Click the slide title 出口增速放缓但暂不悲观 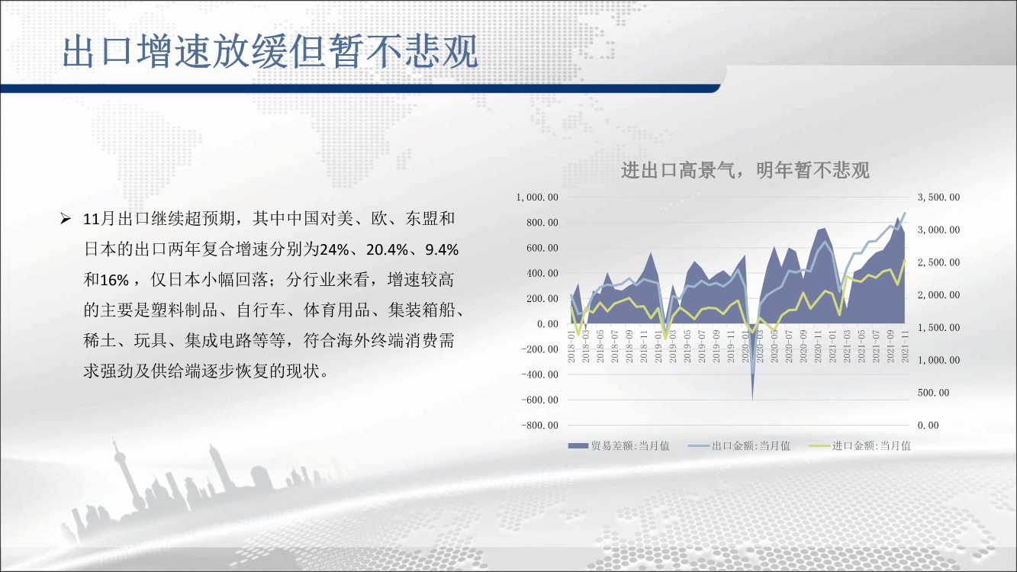coord(270,52)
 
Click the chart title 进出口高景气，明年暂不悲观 coord(745,171)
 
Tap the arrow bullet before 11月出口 coord(66,220)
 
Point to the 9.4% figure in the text coord(441,249)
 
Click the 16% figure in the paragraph coord(114,280)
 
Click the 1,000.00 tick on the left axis coord(537,197)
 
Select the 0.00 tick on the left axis coord(548,323)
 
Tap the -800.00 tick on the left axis coord(540,426)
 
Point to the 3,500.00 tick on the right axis coord(938,197)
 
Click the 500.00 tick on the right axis coord(933,393)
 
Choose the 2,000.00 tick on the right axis coord(938,295)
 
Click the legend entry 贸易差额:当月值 coord(619,446)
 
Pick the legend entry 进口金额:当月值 coord(860,446)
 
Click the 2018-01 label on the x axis coord(571,346)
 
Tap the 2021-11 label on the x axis coord(905,346)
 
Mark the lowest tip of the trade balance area coord(752,400)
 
